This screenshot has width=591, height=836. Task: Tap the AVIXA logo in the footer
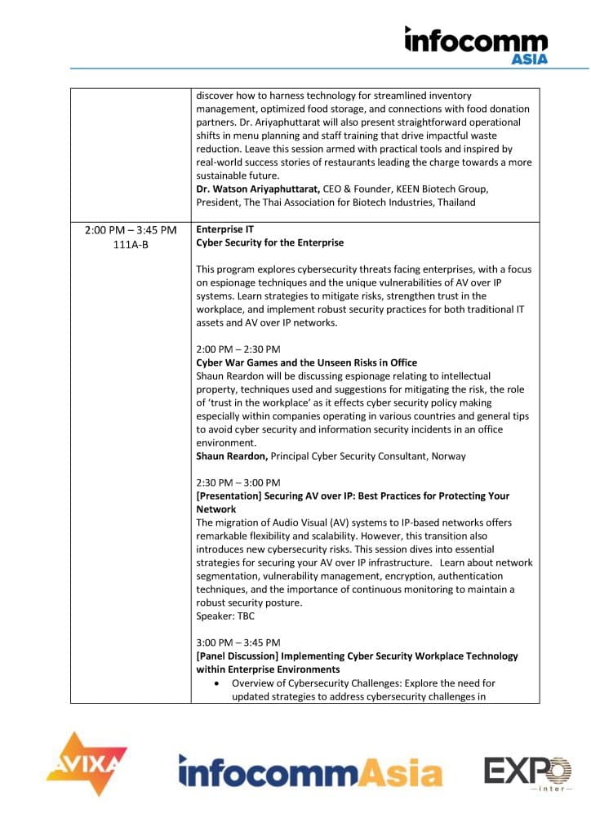(87, 764)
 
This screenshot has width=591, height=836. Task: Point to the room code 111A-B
(131, 243)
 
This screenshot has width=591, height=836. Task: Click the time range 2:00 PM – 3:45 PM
(131, 230)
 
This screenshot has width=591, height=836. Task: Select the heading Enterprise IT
(224, 230)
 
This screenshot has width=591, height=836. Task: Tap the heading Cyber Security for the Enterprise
(269, 242)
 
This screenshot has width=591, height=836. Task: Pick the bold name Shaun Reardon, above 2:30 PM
(232, 455)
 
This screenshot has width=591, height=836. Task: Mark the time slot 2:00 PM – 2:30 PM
(238, 349)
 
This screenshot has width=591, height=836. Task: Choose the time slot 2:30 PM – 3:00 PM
(238, 482)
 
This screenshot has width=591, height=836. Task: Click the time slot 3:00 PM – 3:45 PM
(238, 643)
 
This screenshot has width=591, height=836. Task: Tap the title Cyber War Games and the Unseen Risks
(306, 362)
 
